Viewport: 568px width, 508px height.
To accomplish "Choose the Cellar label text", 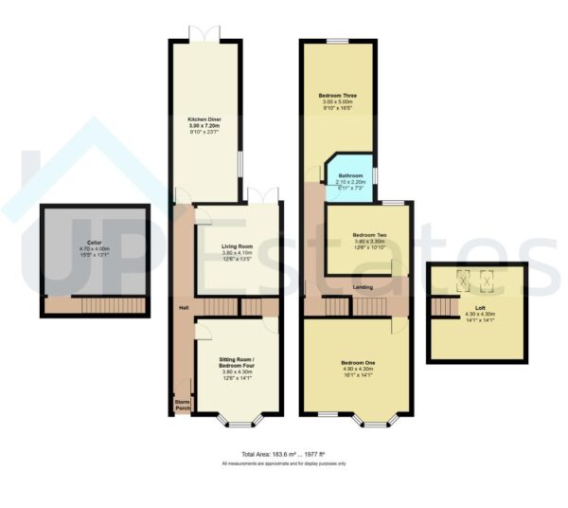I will click(94, 242).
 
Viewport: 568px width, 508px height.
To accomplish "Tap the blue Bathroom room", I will click(349, 180).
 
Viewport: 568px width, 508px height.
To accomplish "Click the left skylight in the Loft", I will click(463, 279).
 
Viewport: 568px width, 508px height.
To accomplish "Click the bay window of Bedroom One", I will click(376, 420).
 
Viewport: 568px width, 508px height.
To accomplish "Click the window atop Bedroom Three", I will click(338, 41).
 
